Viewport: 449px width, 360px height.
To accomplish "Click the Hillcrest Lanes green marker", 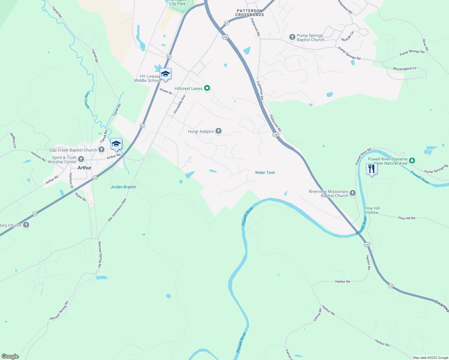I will tap(207, 88).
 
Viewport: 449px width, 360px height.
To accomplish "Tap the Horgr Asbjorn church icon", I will tap(218, 131).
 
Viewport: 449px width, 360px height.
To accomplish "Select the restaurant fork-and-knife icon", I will tap(372, 169).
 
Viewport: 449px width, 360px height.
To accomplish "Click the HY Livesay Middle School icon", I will tap(165, 74).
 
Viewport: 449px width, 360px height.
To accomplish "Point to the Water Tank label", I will tap(265, 172).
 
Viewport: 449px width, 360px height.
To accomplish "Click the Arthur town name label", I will tap(84, 168).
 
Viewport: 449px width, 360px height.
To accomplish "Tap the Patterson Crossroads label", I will tap(250, 13).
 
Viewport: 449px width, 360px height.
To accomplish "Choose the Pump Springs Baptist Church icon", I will tap(292, 37).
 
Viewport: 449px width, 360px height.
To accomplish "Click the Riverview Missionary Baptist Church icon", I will tap(353, 193).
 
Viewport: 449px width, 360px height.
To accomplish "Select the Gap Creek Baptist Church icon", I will tap(101, 149).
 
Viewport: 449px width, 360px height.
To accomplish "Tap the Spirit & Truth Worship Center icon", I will tap(81, 159).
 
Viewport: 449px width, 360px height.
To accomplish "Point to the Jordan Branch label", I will tap(123, 187).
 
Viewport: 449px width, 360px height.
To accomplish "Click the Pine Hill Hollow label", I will tap(372, 210).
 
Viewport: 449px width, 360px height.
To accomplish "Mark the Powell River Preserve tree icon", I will tap(412, 160).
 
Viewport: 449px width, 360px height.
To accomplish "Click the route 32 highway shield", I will tap(390, 286).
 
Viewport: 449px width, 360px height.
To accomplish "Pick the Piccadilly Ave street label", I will tap(179, 104).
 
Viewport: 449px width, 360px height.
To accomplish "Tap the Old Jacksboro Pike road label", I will tap(117, 210).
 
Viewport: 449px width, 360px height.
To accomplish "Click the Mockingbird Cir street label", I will tap(405, 69).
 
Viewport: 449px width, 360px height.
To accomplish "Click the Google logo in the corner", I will tap(10, 356).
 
